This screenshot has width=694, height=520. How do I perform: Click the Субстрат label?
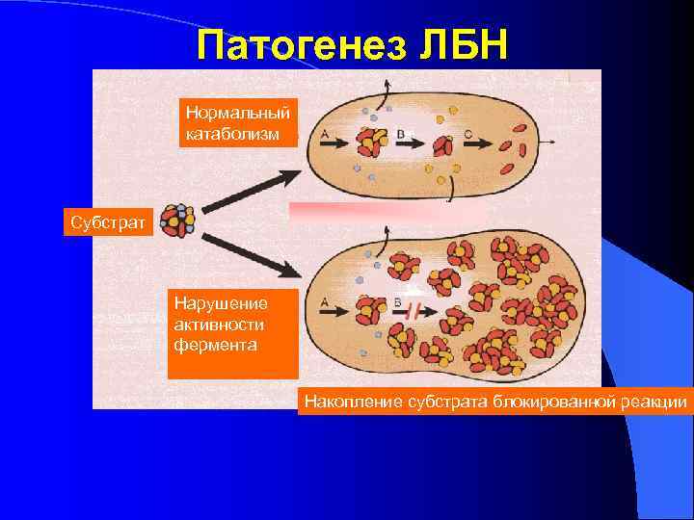pyautogui.click(x=108, y=223)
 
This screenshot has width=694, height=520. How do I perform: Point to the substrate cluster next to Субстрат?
pyautogui.click(x=177, y=221)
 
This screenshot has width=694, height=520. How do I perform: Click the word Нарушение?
pyautogui.click(x=221, y=302)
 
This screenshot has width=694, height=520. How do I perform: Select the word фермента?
pyautogui.click(x=215, y=343)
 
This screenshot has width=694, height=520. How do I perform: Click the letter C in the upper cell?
pyautogui.click(x=467, y=134)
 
